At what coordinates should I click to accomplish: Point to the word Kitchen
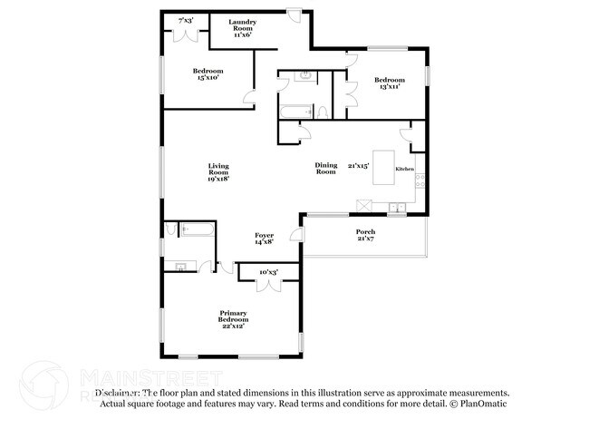coord(404,170)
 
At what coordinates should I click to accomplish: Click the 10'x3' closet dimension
coord(268,272)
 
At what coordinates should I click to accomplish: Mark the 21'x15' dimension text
coord(360,165)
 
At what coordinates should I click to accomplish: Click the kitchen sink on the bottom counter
coord(397,209)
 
